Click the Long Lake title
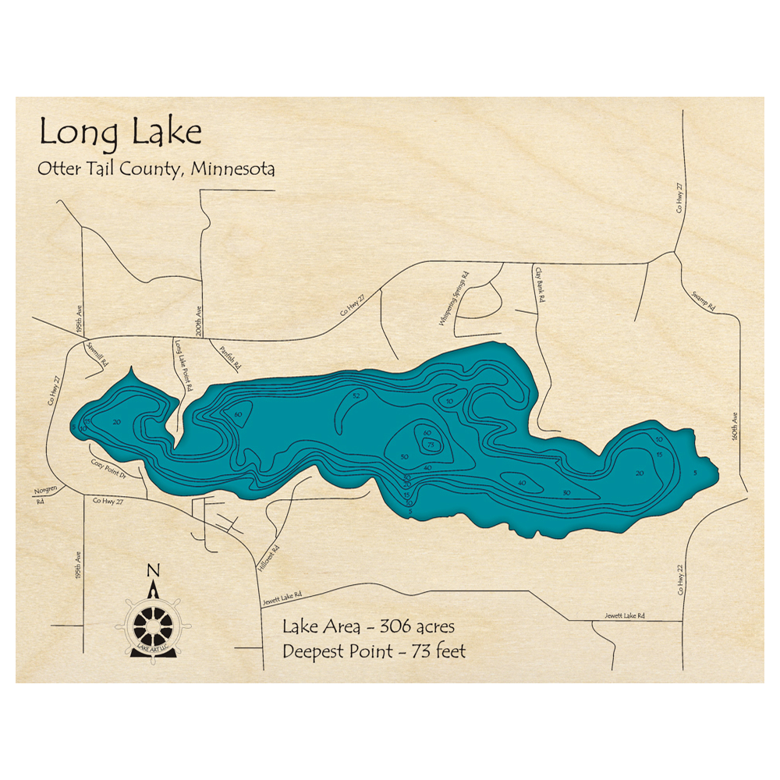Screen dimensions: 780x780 [121, 133]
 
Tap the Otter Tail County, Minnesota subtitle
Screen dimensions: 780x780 [156, 169]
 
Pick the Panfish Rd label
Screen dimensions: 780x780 [232, 357]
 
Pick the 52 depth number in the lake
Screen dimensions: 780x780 [356, 397]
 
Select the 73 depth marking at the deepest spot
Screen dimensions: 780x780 [431, 445]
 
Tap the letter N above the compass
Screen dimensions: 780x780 [153, 569]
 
